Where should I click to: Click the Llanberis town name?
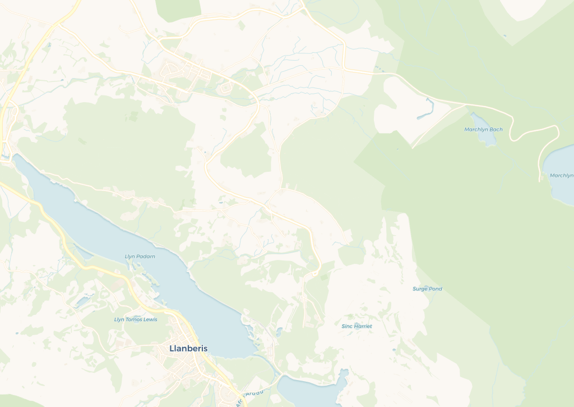[188, 349]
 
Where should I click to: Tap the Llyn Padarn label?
[140, 257]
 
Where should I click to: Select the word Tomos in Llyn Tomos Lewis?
[135, 319]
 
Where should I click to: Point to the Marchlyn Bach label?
[483, 130]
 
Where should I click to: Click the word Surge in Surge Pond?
[420, 289]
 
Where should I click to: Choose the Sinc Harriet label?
[357, 326]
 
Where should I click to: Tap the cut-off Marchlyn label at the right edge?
[562, 176]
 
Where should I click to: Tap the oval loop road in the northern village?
[226, 88]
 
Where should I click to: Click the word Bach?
[496, 130]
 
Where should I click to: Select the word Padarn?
[145, 257]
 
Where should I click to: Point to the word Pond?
[436, 289]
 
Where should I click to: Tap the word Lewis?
[150, 319]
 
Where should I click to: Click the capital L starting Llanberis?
[172, 349]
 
